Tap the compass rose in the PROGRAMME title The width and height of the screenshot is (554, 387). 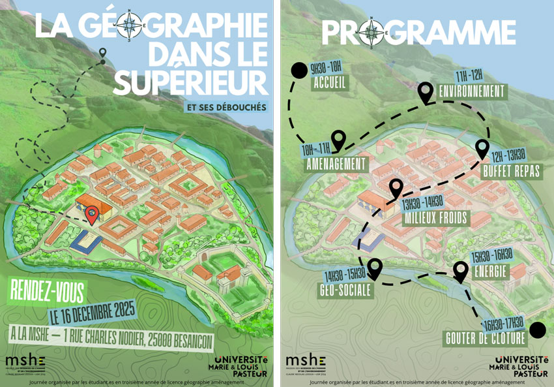click(372, 30)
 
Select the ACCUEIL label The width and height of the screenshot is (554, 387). click(330, 83)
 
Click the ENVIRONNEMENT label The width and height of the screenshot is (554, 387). click(472, 91)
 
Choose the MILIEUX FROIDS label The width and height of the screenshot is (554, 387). click(435, 217)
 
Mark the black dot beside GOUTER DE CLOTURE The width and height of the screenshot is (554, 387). click(537, 330)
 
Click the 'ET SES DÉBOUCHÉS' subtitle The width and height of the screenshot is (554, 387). click(226, 106)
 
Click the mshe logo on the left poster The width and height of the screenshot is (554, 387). click(25, 360)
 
